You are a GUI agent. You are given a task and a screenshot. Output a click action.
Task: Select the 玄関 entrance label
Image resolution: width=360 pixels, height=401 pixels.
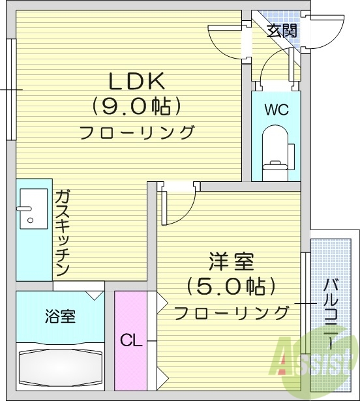[x=282, y=30]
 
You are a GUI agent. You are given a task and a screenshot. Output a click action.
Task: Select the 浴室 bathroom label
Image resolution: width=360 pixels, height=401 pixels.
[x=59, y=317]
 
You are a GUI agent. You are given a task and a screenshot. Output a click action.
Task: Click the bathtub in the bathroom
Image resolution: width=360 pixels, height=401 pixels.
[x=61, y=368]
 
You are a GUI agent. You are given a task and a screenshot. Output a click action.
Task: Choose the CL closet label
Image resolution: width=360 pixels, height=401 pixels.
[x=130, y=340]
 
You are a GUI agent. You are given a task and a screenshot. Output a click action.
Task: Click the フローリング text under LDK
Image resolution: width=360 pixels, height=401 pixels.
[x=137, y=132]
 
